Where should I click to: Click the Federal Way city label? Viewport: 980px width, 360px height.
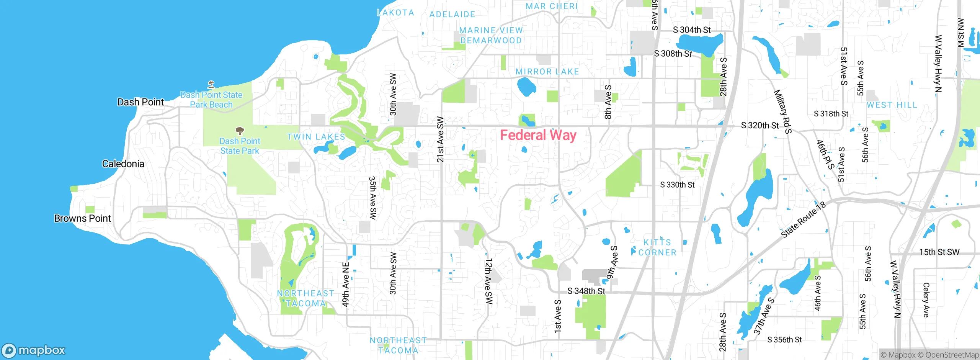point(538,136)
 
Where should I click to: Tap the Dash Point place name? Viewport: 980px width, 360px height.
point(140,102)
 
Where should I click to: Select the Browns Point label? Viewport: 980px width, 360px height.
point(82,219)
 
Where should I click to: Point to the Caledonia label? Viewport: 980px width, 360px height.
point(123,164)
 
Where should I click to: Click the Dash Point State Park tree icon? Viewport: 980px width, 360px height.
point(240,131)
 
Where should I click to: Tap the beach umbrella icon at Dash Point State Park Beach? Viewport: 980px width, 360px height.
point(211,84)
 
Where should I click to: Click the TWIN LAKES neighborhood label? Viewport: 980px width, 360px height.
point(316,137)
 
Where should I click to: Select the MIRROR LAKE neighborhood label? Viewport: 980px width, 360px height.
point(547,72)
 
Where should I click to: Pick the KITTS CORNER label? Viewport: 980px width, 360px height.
point(657,247)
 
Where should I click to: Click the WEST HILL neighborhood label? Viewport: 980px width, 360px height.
point(892,105)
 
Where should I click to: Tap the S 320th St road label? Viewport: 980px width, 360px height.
point(759,126)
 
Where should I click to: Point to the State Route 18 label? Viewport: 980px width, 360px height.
point(803,220)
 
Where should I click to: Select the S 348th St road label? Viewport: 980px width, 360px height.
point(586,291)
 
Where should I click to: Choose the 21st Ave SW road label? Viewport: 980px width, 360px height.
point(440,139)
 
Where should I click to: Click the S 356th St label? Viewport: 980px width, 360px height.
point(784,340)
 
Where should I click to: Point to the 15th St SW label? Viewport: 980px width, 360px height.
point(939,252)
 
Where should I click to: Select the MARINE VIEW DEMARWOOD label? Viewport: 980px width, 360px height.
point(491,35)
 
